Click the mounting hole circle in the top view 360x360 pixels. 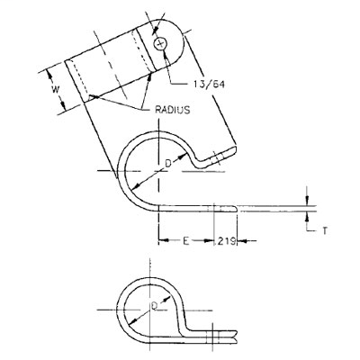pos(161,43)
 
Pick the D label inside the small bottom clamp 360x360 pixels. pos(154,306)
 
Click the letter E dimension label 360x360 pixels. pos(184,240)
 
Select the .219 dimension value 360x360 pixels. pos(225,240)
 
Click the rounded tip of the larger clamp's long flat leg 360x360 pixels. pos(237,209)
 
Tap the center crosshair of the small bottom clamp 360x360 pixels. pos(149,311)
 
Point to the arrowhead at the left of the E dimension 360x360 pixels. pos(163,240)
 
